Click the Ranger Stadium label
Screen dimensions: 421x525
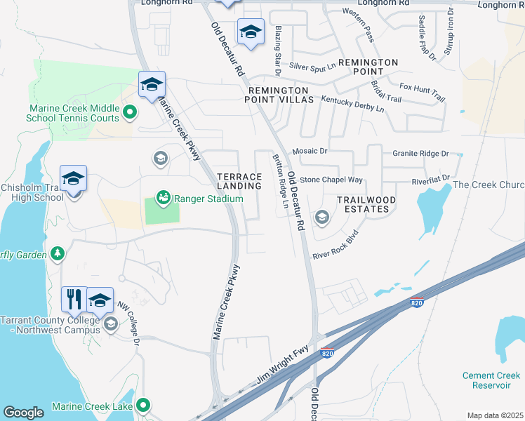[208, 199]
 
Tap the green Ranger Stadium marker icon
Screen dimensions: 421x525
[163, 199]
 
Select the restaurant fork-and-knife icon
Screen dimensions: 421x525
[73, 300]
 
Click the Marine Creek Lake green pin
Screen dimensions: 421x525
[143, 405]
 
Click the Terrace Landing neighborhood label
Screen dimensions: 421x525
[239, 180]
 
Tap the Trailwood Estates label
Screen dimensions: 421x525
[362, 204]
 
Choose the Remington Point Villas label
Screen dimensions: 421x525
[278, 95]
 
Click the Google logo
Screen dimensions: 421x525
[23, 413]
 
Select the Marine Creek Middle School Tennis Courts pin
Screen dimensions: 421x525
[129, 112]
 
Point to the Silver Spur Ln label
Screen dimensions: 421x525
[311, 67]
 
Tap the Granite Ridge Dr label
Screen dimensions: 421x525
[420, 153]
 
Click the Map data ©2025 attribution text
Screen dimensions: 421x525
[495, 415]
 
